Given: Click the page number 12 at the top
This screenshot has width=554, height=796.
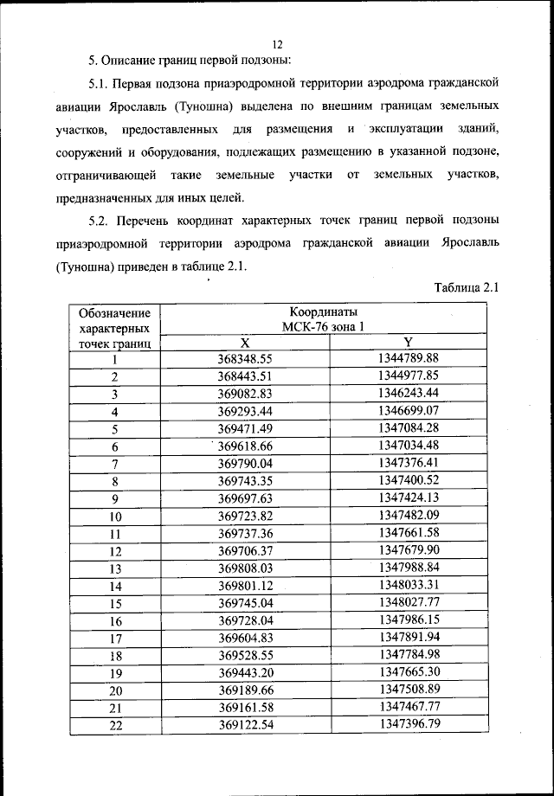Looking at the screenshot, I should (277, 44).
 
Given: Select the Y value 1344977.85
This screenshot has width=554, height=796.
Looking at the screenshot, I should (409, 375).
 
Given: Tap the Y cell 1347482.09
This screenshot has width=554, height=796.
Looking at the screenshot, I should (409, 515).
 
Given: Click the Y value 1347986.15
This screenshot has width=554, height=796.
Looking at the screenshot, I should (409, 619).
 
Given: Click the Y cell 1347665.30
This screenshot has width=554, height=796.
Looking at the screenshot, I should (409, 671).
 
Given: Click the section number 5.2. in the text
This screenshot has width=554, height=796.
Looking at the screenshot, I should (101, 221).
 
